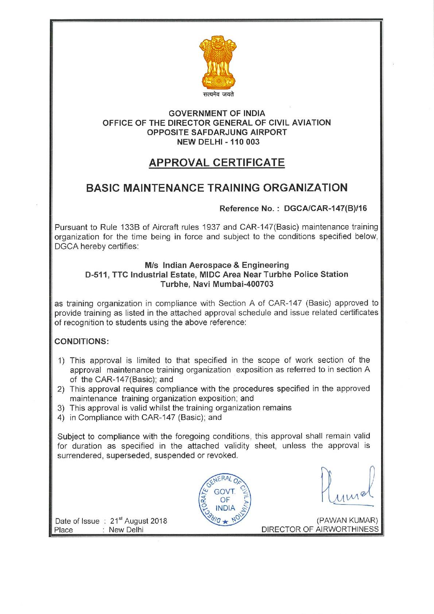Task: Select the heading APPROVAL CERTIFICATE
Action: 217,162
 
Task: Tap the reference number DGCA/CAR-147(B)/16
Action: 325,208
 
